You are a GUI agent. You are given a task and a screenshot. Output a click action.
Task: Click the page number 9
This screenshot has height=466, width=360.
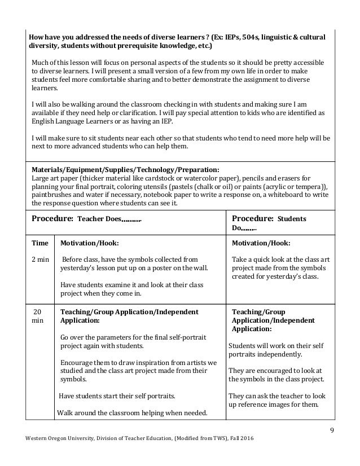(331, 433)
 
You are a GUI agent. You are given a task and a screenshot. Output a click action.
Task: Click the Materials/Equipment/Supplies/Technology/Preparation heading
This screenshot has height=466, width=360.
(125, 169)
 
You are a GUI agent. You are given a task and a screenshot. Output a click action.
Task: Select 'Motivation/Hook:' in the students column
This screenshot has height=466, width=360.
(261, 243)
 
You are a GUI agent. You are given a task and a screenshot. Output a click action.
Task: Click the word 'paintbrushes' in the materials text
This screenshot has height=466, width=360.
(52, 195)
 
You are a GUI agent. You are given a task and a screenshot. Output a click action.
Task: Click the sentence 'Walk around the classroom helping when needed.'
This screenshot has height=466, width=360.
(132, 411)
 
